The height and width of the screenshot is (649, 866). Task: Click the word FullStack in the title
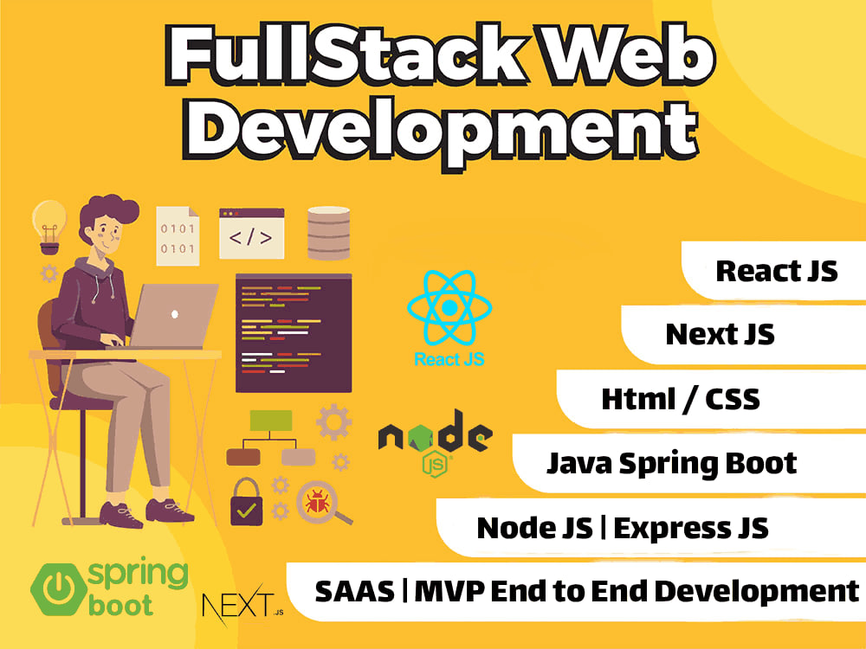click(x=347, y=55)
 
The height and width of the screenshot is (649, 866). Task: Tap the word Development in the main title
click(x=441, y=132)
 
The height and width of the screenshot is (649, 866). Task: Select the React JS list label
click(x=777, y=271)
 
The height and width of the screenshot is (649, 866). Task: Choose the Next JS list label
click(x=720, y=334)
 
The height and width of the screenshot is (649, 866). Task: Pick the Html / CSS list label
click(x=681, y=399)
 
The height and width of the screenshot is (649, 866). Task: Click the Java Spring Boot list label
click(x=672, y=464)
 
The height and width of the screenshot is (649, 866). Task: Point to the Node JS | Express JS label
click(x=623, y=528)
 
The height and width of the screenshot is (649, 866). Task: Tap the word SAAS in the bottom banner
click(x=354, y=592)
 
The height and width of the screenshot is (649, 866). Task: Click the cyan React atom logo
click(x=449, y=307)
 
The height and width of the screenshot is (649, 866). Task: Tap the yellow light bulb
click(x=49, y=226)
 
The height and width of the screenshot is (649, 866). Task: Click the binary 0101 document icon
click(x=178, y=235)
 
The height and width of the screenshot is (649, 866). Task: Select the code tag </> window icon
click(x=251, y=234)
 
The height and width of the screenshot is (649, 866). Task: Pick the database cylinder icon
click(x=328, y=233)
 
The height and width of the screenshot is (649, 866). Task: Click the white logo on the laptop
click(x=175, y=314)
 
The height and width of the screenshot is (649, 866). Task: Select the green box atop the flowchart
click(x=270, y=421)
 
